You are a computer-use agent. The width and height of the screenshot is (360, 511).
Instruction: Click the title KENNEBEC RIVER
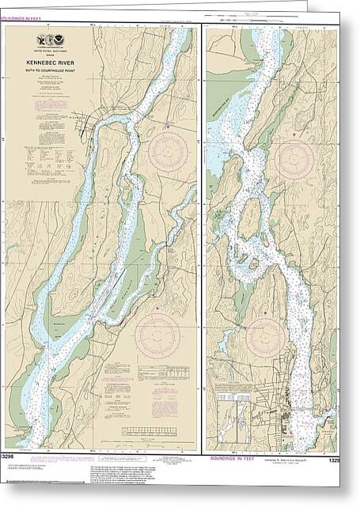click(x=50, y=69)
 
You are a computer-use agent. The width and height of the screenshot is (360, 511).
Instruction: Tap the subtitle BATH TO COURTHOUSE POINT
click(x=50, y=78)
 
